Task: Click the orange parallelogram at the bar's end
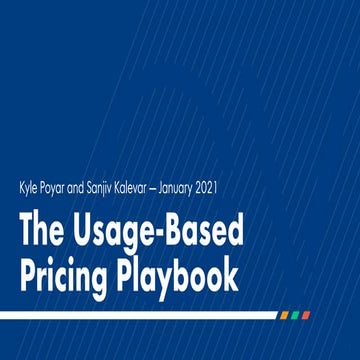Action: click(284, 314)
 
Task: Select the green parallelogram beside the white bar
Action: click(296, 314)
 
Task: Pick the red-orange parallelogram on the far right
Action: click(307, 314)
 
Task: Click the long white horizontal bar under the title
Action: click(140, 314)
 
